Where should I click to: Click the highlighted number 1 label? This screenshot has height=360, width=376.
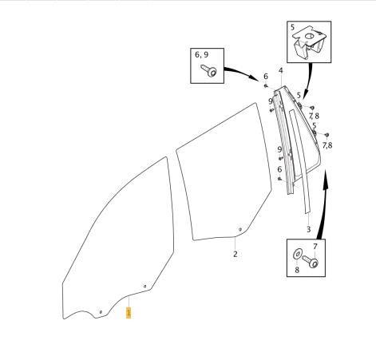point(129,313)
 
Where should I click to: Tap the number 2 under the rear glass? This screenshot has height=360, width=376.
point(235,254)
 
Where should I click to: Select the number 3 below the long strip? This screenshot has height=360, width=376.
point(308,229)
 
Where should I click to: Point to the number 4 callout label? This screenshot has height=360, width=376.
point(281,71)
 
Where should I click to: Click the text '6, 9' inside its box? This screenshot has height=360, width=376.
point(202,54)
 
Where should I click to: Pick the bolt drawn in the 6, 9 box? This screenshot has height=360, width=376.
point(209,70)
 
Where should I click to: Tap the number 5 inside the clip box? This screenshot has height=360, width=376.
point(293,27)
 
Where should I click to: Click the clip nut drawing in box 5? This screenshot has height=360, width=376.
point(309,42)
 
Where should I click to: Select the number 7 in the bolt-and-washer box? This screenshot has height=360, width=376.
point(315,247)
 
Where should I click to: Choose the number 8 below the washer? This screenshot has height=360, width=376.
point(297,270)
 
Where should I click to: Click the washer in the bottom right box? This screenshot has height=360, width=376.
point(297,254)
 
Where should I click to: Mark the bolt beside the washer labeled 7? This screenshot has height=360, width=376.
point(311,261)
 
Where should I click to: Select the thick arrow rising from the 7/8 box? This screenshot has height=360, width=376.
point(323,205)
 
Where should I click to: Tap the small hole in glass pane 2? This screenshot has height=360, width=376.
point(240,229)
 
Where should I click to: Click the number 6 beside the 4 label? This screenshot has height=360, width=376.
point(266,77)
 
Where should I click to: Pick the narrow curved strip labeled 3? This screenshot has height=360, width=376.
point(301,162)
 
